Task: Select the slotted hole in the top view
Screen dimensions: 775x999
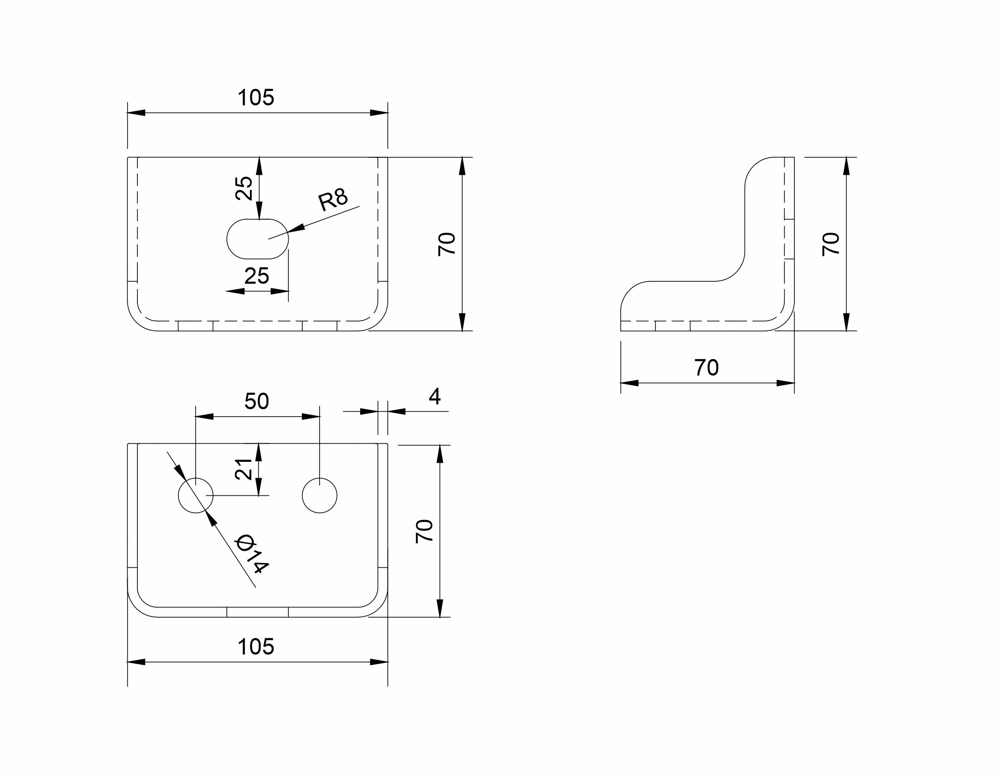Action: pyautogui.click(x=257, y=239)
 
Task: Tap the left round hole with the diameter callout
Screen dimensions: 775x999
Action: pyautogui.click(x=195, y=495)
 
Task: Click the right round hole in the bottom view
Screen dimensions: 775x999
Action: pyautogui.click(x=320, y=495)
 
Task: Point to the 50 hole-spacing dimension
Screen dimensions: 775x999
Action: pyautogui.click(x=257, y=401)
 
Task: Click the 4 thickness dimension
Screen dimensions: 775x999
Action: pyautogui.click(x=435, y=396)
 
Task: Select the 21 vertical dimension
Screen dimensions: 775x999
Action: pyautogui.click(x=244, y=469)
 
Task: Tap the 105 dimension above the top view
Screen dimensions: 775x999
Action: pyautogui.click(x=256, y=97)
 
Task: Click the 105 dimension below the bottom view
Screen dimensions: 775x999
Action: pyautogui.click(x=256, y=647)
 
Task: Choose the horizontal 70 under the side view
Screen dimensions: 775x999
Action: pyautogui.click(x=707, y=368)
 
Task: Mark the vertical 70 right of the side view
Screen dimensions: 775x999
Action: pyautogui.click(x=831, y=244)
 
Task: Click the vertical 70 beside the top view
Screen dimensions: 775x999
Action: pyautogui.click(x=447, y=244)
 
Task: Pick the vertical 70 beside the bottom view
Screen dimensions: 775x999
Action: pyautogui.click(x=424, y=531)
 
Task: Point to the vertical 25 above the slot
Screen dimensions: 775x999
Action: pyautogui.click(x=244, y=188)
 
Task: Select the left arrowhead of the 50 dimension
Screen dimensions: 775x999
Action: pyautogui.click(x=205, y=417)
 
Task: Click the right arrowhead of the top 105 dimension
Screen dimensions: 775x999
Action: pyautogui.click(x=379, y=113)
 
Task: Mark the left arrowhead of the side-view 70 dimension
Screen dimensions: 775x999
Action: pyautogui.click(x=630, y=383)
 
